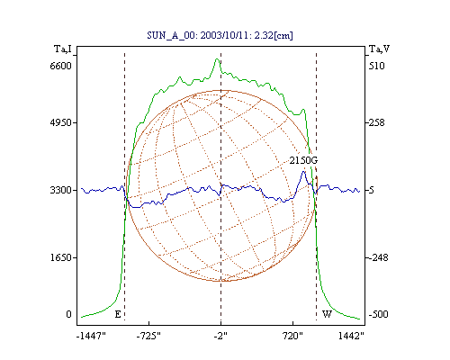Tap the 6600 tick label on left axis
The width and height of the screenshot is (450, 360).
tap(61, 66)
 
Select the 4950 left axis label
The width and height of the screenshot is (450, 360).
tap(61, 122)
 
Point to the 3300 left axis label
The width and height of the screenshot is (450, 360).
tap(61, 190)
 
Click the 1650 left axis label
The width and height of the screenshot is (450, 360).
tap(61, 257)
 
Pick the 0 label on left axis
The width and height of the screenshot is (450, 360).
tap(69, 314)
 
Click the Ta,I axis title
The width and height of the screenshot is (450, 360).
tap(63, 49)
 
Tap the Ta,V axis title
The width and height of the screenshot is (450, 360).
tap(379, 49)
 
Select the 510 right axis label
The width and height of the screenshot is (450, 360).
tap(377, 66)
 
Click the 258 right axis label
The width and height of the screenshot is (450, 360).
tap(377, 122)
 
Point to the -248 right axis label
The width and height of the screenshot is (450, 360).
tap(378, 257)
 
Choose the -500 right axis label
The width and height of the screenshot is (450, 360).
tap(378, 314)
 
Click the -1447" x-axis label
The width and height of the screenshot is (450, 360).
tap(91, 336)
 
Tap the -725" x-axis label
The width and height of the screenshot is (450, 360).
tap(148, 336)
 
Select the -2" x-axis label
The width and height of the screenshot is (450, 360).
tap(220, 336)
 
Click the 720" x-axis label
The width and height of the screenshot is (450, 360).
tap(292, 336)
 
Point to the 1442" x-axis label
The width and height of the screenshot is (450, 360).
tap(351, 336)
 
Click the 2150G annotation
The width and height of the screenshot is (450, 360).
tap(303, 160)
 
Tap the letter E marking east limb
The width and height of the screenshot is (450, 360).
tap(118, 314)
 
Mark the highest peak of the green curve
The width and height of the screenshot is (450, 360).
tap(217, 58)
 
